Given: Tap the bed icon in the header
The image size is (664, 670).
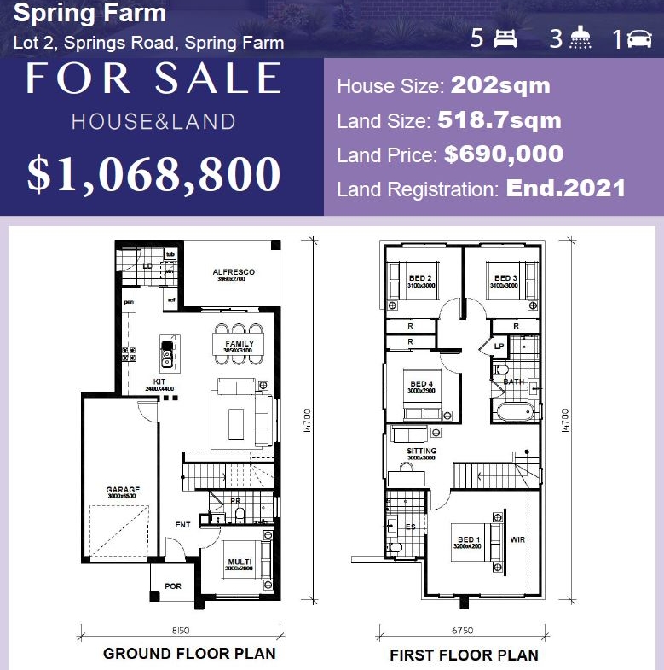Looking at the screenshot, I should coord(505,38).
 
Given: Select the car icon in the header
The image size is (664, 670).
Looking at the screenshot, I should coord(638,38).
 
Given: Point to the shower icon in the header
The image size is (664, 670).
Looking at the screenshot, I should coord(581,38).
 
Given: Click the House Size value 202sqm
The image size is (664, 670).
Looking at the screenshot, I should coord(500,85).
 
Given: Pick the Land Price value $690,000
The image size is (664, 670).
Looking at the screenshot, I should coord(503,154).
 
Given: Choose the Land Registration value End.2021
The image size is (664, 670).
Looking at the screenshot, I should coord(566,188).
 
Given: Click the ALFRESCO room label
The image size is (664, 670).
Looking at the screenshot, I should coord(233,272).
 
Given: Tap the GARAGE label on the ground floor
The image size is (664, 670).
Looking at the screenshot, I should coord(123,490).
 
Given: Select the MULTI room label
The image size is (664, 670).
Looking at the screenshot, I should coord(239,561).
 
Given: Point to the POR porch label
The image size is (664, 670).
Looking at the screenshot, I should coord(173,586).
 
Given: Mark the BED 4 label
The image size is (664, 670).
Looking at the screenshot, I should coord(422,384).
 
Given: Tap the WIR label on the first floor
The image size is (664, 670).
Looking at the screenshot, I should coord(517,539).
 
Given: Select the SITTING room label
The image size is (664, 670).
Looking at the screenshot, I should coord(421,451).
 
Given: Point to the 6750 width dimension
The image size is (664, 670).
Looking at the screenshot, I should coord(461,632).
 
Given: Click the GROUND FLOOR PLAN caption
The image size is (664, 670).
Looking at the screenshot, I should coord(189,654).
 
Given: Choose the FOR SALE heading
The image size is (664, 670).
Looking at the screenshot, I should coord(153,79).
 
